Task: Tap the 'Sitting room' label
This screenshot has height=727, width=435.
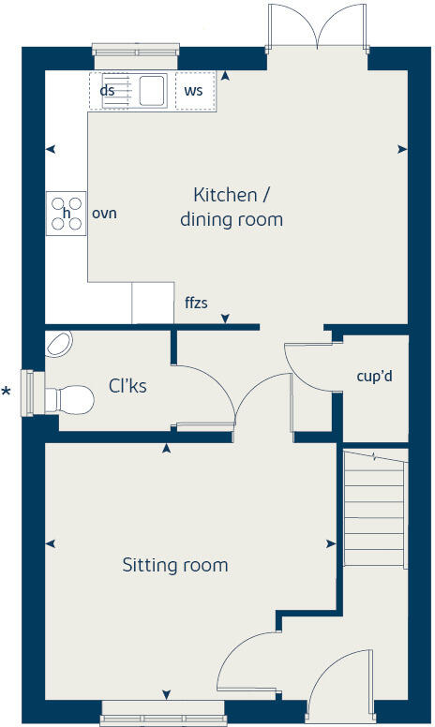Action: point(175,565)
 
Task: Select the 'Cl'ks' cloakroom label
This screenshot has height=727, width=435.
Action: point(127,385)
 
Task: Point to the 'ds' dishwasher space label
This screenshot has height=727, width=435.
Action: point(107,91)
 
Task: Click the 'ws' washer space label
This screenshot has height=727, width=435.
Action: point(194,91)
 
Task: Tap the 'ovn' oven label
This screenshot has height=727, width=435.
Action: point(103,214)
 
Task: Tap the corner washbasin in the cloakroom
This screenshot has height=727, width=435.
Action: point(58,345)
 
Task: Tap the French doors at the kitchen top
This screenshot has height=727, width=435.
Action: point(318,28)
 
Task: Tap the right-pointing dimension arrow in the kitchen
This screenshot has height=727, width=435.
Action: point(402,148)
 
